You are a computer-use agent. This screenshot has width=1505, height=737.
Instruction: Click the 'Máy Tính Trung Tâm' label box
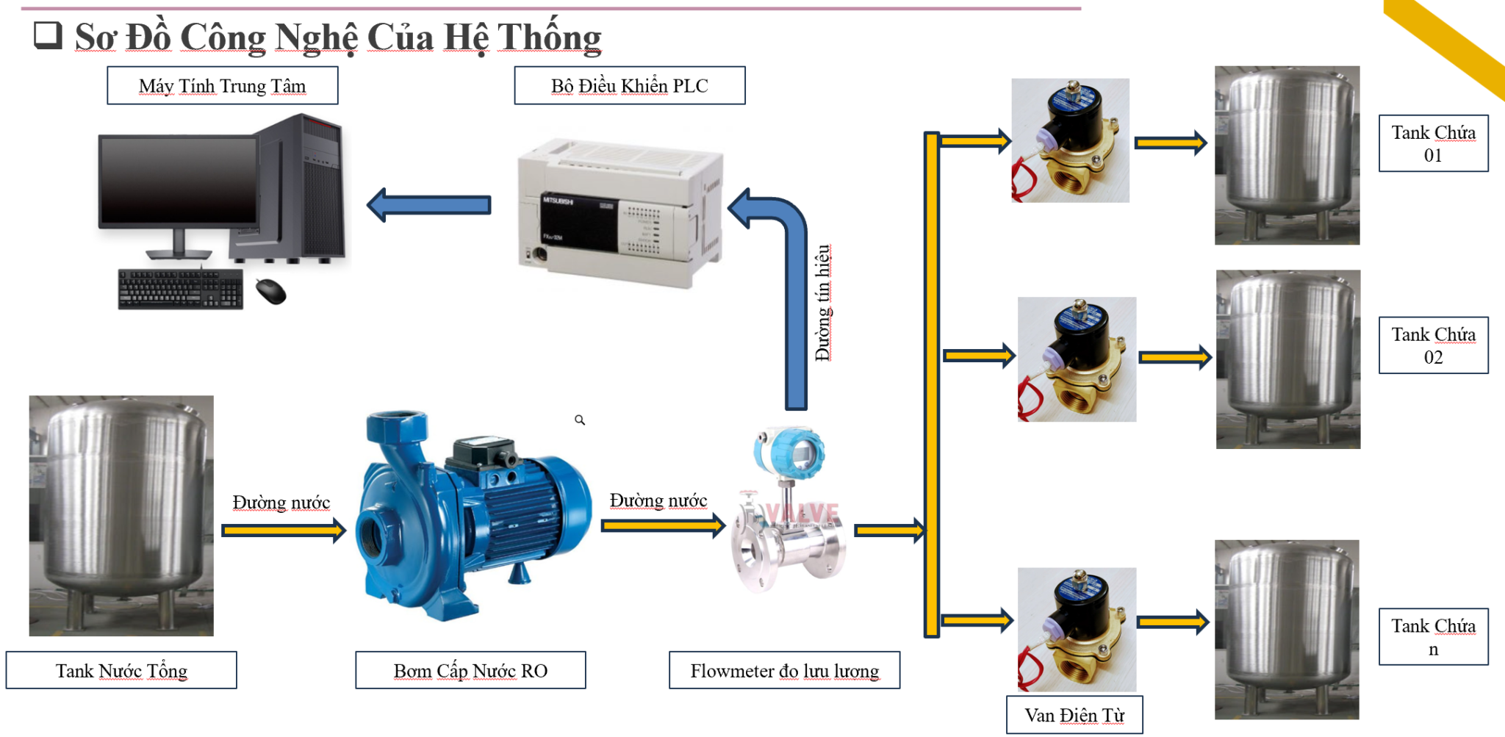tap(222, 86)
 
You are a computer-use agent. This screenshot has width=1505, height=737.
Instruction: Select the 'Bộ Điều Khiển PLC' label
tap(629, 86)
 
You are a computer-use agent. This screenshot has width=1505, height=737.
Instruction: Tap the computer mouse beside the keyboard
tap(270, 291)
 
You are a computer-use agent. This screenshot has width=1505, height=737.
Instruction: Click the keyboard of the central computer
tap(180, 289)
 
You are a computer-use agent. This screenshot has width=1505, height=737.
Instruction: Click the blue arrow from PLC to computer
tap(429, 205)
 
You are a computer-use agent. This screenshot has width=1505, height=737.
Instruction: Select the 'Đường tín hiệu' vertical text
tap(824, 303)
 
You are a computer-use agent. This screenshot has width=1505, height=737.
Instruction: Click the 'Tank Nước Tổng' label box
tap(121, 670)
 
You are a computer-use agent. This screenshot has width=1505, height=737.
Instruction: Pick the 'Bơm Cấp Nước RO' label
tap(470, 670)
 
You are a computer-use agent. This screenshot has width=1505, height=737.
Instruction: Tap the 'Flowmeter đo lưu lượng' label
tap(784, 670)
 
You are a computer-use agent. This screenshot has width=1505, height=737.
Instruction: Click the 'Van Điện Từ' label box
tap(1074, 715)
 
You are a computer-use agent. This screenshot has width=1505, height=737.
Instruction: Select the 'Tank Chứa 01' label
tap(1433, 143)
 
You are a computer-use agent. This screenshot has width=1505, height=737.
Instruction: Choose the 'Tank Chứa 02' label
tap(1433, 345)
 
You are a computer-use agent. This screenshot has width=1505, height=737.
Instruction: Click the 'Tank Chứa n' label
tap(1433, 637)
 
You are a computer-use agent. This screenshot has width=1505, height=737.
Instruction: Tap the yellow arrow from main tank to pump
tap(283, 530)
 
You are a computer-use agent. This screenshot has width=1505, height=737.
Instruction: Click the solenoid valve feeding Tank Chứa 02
tap(1077, 359)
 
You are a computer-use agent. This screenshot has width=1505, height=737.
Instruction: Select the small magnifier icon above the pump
tap(580, 420)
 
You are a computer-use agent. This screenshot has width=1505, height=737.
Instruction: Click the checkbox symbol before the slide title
tap(48, 35)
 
